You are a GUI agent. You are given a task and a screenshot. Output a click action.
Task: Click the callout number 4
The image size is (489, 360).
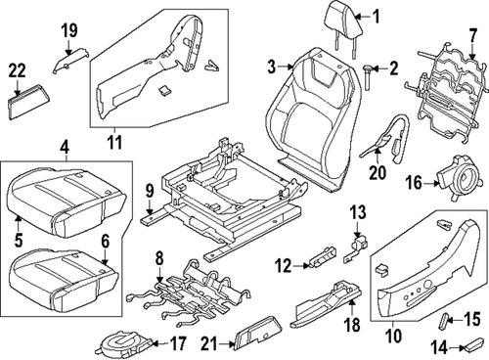pos(66,150)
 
